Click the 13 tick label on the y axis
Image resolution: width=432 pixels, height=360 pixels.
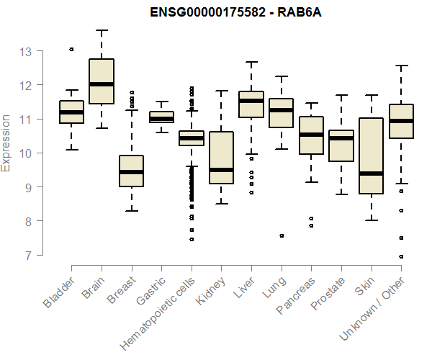coord(27,52)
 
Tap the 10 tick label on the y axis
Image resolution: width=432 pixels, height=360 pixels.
coord(27,153)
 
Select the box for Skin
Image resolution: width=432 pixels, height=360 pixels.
coord(372,156)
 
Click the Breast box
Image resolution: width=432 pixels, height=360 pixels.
coord(131,171)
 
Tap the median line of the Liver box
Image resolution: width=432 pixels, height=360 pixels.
coord(251,101)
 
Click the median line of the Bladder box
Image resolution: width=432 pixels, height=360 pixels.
coord(71,112)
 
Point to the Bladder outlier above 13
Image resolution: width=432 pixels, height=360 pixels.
coord(71,49)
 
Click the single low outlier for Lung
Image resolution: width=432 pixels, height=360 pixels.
coord(282,235)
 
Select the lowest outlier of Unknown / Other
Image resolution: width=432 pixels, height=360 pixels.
coord(401,256)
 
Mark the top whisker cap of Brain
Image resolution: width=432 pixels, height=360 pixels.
coord(102,30)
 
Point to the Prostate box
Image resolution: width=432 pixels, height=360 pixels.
coord(341,146)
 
